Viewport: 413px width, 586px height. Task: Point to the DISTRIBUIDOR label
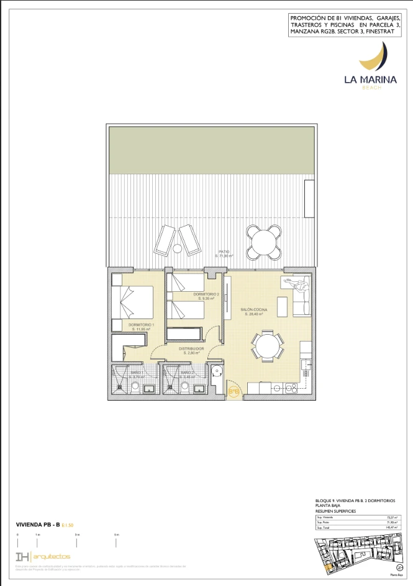click(192, 349)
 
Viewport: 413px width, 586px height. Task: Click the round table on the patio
click(263, 240)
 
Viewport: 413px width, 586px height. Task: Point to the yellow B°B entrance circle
click(234, 392)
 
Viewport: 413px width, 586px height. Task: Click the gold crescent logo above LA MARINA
click(376, 57)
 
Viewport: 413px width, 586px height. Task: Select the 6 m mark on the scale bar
click(116, 535)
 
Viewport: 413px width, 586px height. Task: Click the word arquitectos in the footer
click(53, 556)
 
